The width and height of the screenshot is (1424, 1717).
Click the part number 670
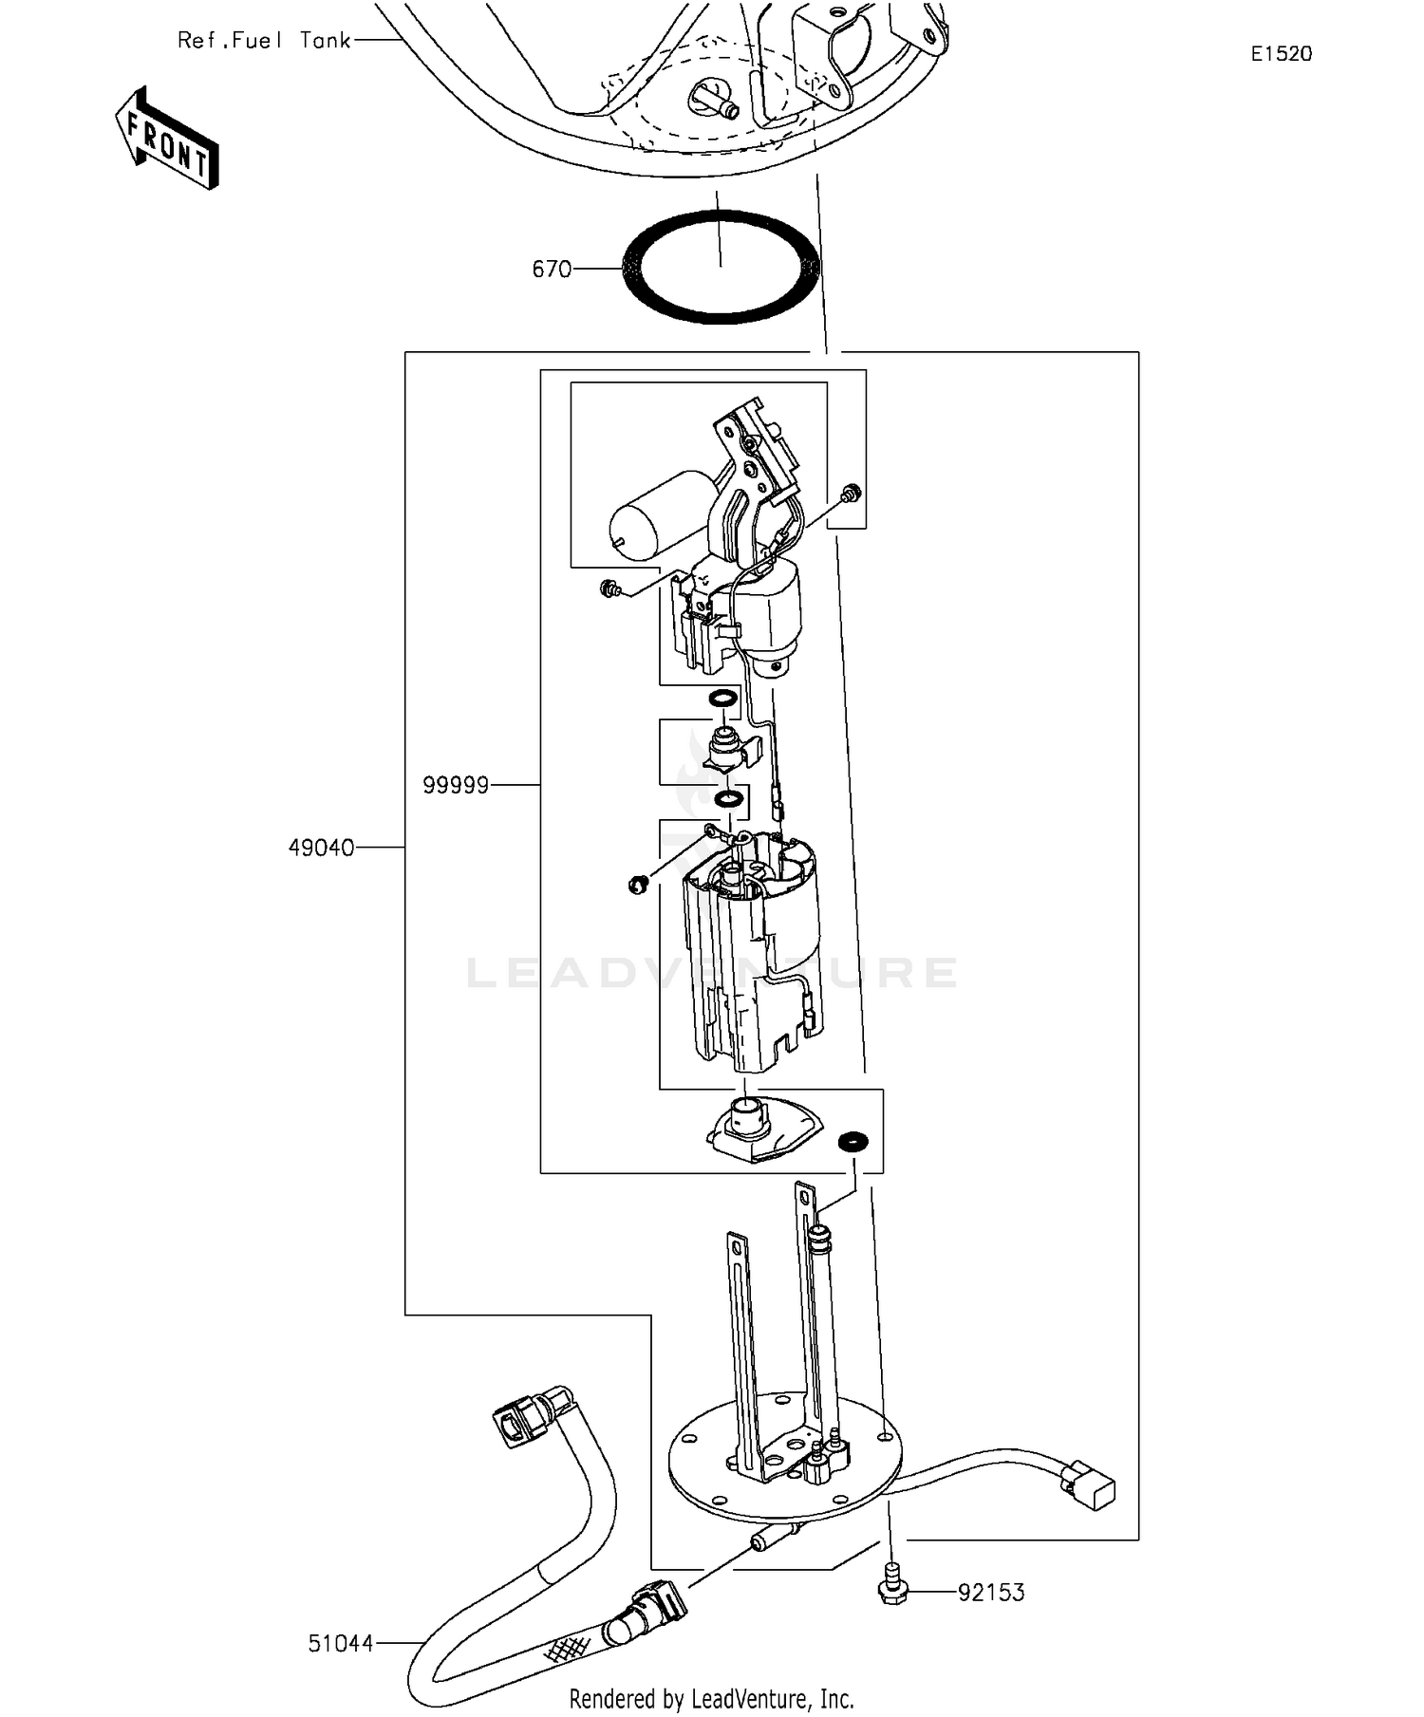[552, 270]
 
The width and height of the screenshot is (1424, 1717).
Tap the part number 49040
[321, 848]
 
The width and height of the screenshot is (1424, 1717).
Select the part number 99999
[456, 785]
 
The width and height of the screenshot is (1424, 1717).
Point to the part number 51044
[341, 1643]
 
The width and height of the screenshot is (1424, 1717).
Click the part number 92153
[991, 1592]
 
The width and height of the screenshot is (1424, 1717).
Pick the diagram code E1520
[1281, 54]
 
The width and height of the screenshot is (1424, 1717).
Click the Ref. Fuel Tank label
[264, 41]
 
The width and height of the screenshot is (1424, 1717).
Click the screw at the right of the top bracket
[851, 493]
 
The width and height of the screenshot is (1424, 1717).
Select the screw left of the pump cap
[609, 589]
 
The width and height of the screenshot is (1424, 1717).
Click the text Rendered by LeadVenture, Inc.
[712, 1698]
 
